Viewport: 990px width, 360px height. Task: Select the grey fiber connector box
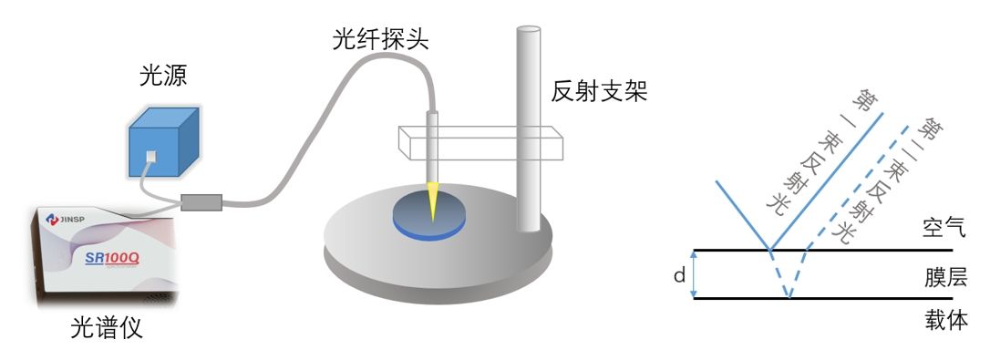click(x=202, y=201)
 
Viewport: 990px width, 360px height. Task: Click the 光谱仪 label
click(x=107, y=329)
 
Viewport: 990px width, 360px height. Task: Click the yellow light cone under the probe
click(x=431, y=202)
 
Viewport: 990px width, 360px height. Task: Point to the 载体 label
click(x=940, y=320)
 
